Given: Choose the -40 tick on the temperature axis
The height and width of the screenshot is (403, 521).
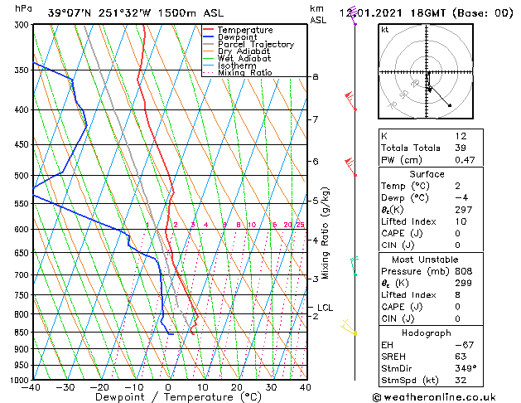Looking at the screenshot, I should [31, 386].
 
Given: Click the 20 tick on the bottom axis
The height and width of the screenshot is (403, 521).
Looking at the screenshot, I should [237, 386].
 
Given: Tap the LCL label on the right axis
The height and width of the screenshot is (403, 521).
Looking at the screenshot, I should [325, 308].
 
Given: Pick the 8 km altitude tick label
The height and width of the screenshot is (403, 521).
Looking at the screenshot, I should [315, 77].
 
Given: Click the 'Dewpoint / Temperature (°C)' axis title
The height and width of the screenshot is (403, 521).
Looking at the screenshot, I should [169, 397].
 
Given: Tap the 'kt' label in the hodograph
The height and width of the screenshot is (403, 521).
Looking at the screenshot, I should [384, 30].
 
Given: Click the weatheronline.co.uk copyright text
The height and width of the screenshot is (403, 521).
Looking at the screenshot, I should [446, 396].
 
